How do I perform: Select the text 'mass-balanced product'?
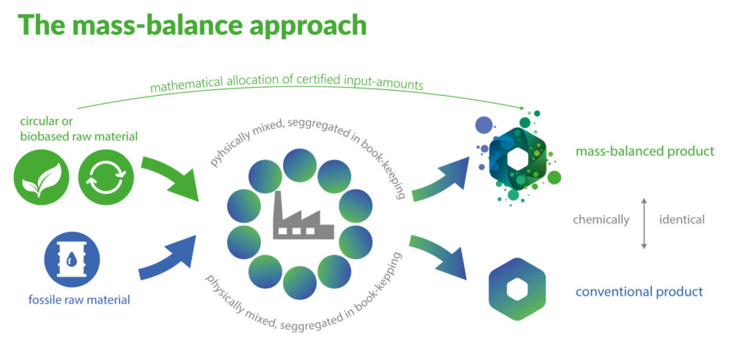(644, 151)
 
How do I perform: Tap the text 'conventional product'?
(639, 291)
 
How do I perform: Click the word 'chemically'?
(601, 219)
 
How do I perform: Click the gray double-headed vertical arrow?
(644, 220)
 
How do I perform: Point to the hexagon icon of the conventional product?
(517, 289)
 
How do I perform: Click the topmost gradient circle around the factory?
(300, 165)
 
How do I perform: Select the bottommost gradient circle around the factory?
(299, 282)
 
